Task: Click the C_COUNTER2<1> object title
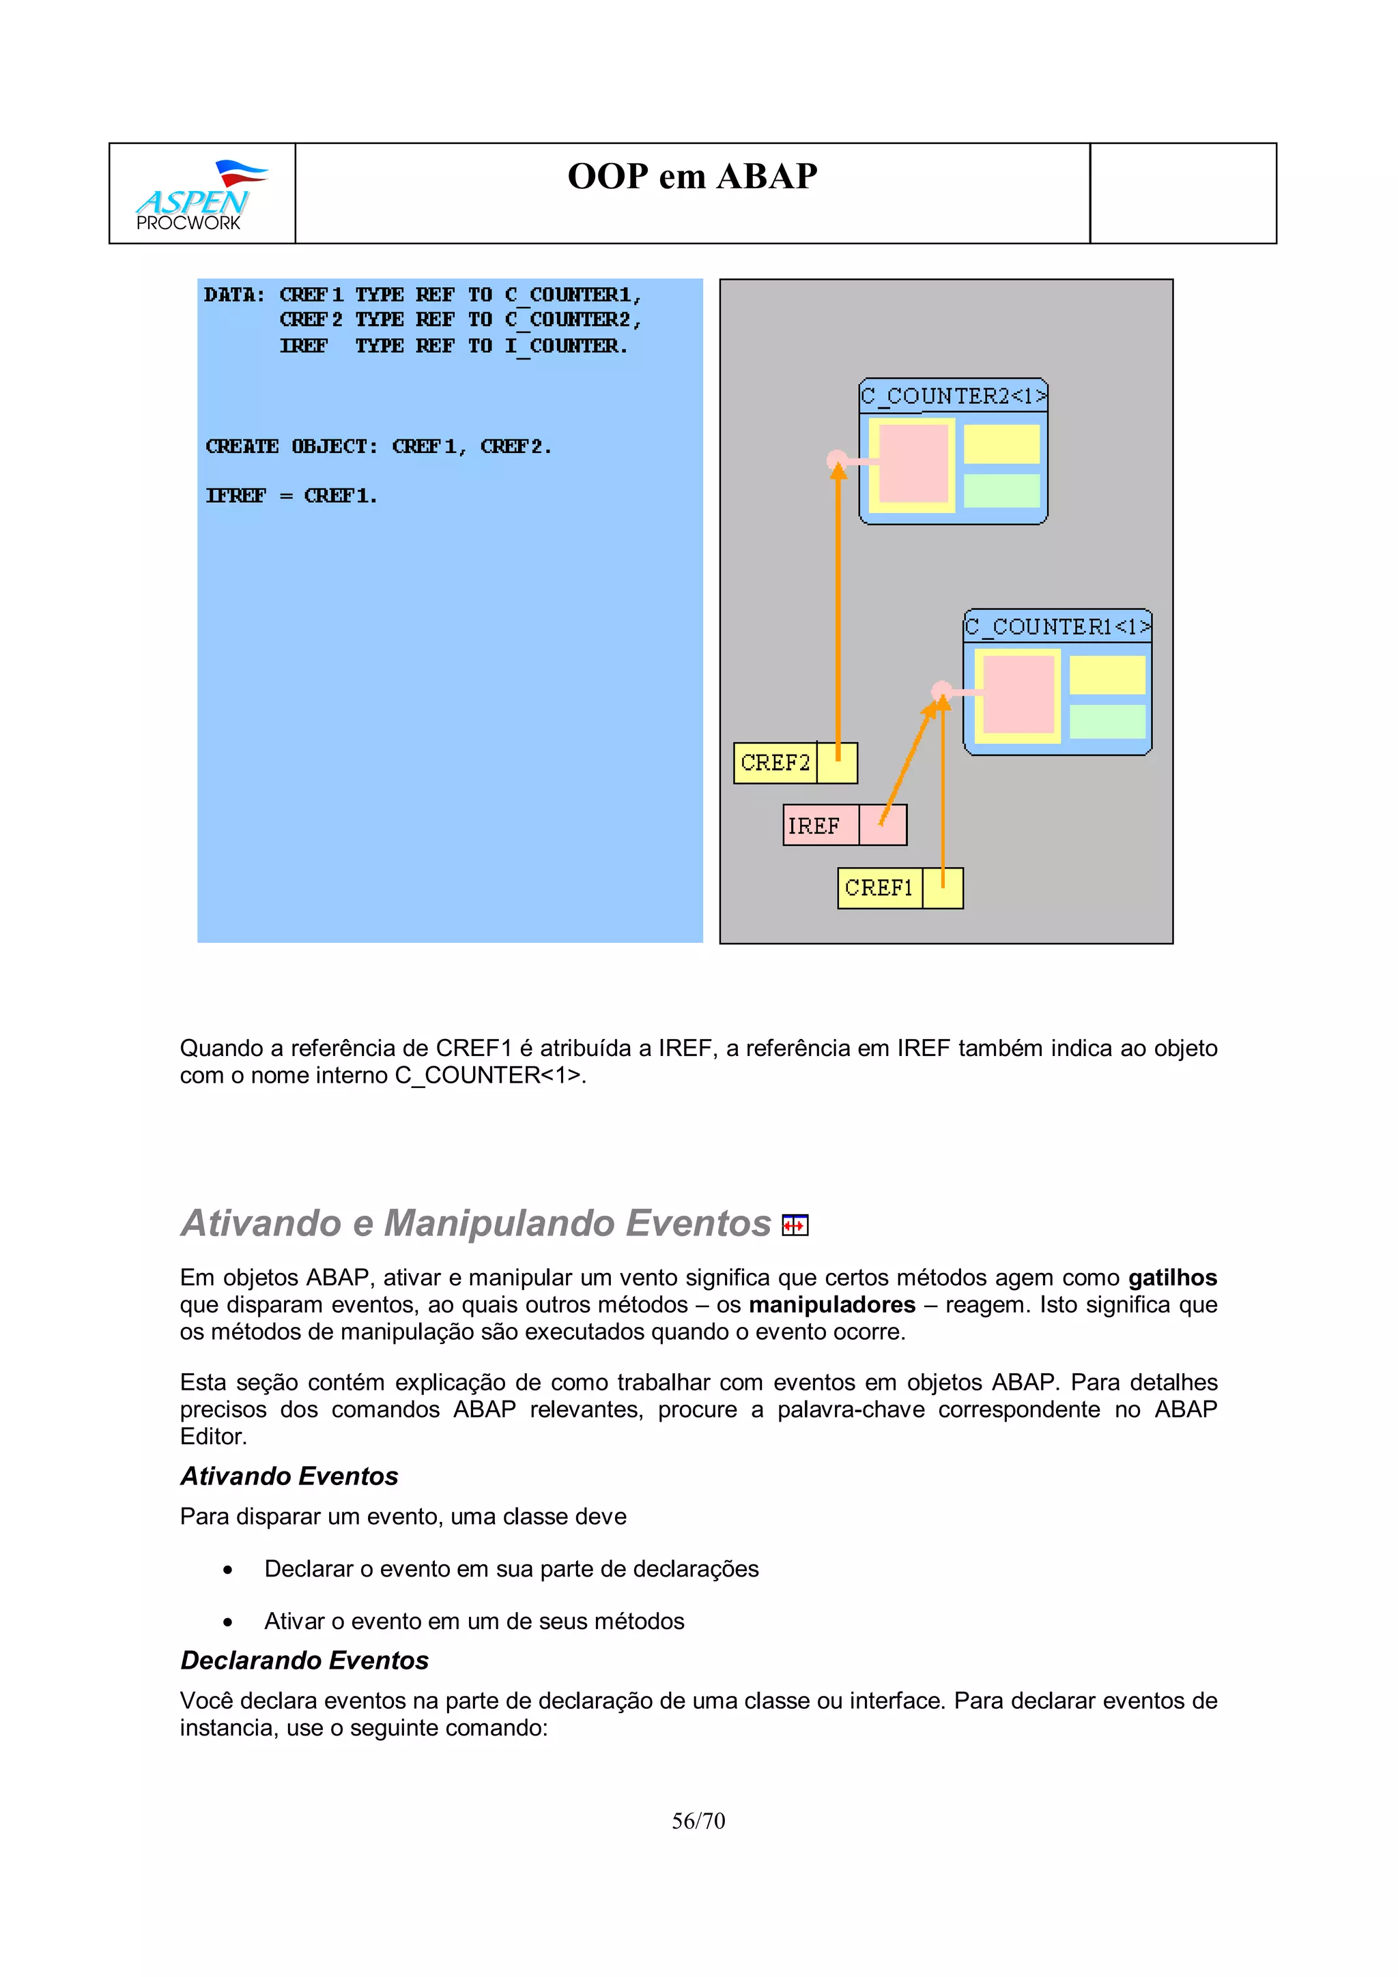click(x=953, y=396)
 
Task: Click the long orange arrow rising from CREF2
click(x=838, y=603)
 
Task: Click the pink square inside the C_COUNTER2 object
click(x=913, y=463)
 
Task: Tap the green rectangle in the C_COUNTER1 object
click(x=1107, y=722)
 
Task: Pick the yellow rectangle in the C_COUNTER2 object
click(x=1001, y=444)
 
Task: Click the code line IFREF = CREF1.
click(x=291, y=496)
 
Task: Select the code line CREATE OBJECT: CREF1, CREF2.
click(x=378, y=447)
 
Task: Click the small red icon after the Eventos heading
click(x=794, y=1225)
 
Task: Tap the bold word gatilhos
click(x=1171, y=1278)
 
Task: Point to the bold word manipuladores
click(x=831, y=1304)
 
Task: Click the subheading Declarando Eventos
click(x=304, y=1660)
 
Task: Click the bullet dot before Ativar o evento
click(x=227, y=1622)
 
